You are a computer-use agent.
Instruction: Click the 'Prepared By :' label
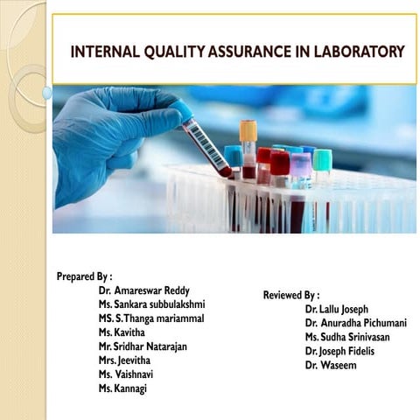[85, 276]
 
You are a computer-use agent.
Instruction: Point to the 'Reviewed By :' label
[291, 295]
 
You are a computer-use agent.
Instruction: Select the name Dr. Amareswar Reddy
[144, 290]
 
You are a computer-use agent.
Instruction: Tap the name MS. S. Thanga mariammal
[151, 318]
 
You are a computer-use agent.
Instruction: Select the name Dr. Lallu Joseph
[337, 309]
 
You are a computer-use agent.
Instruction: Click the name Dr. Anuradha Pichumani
[356, 323]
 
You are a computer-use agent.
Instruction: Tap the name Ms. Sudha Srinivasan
[347, 337]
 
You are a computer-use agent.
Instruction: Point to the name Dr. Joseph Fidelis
[343, 351]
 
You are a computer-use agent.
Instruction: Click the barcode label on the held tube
[206, 144]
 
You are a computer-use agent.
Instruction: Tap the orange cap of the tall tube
[249, 130]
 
